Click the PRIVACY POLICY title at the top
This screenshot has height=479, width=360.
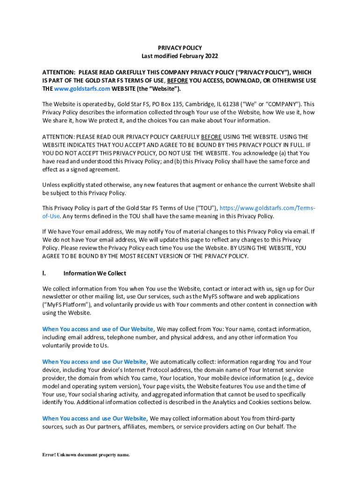180,48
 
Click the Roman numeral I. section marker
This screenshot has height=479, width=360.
45,273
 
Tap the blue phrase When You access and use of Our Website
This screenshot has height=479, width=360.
98,329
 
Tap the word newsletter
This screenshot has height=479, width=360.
58,297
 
